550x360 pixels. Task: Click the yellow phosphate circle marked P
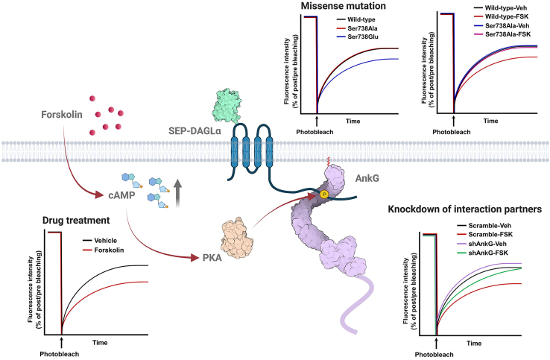pyautogui.click(x=325, y=195)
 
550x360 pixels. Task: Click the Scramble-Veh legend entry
pyautogui.click(x=496, y=224)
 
